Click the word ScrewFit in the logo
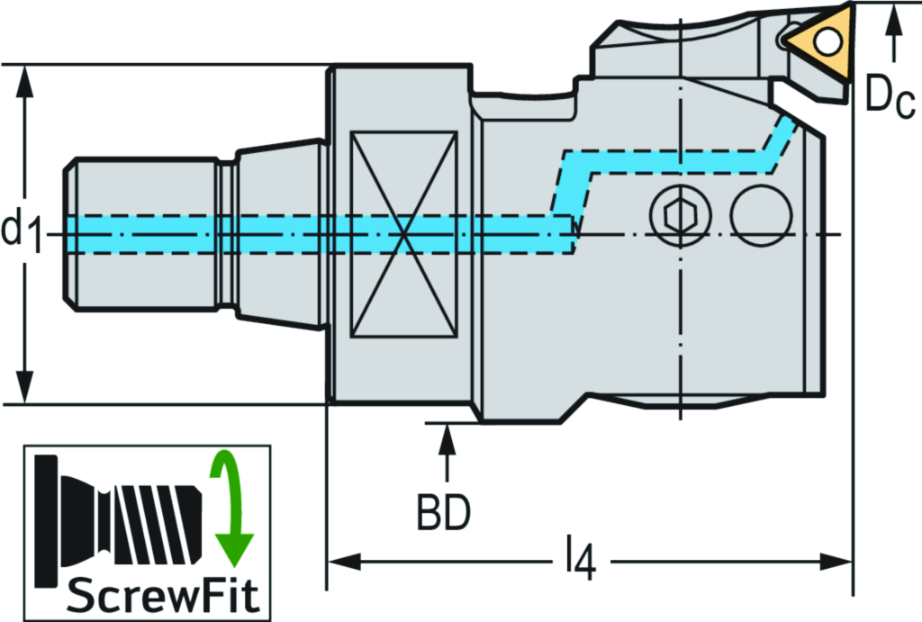[x=148, y=595]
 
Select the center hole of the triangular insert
[x=827, y=40]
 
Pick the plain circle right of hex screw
[x=761, y=214]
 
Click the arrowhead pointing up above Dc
[x=893, y=17]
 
